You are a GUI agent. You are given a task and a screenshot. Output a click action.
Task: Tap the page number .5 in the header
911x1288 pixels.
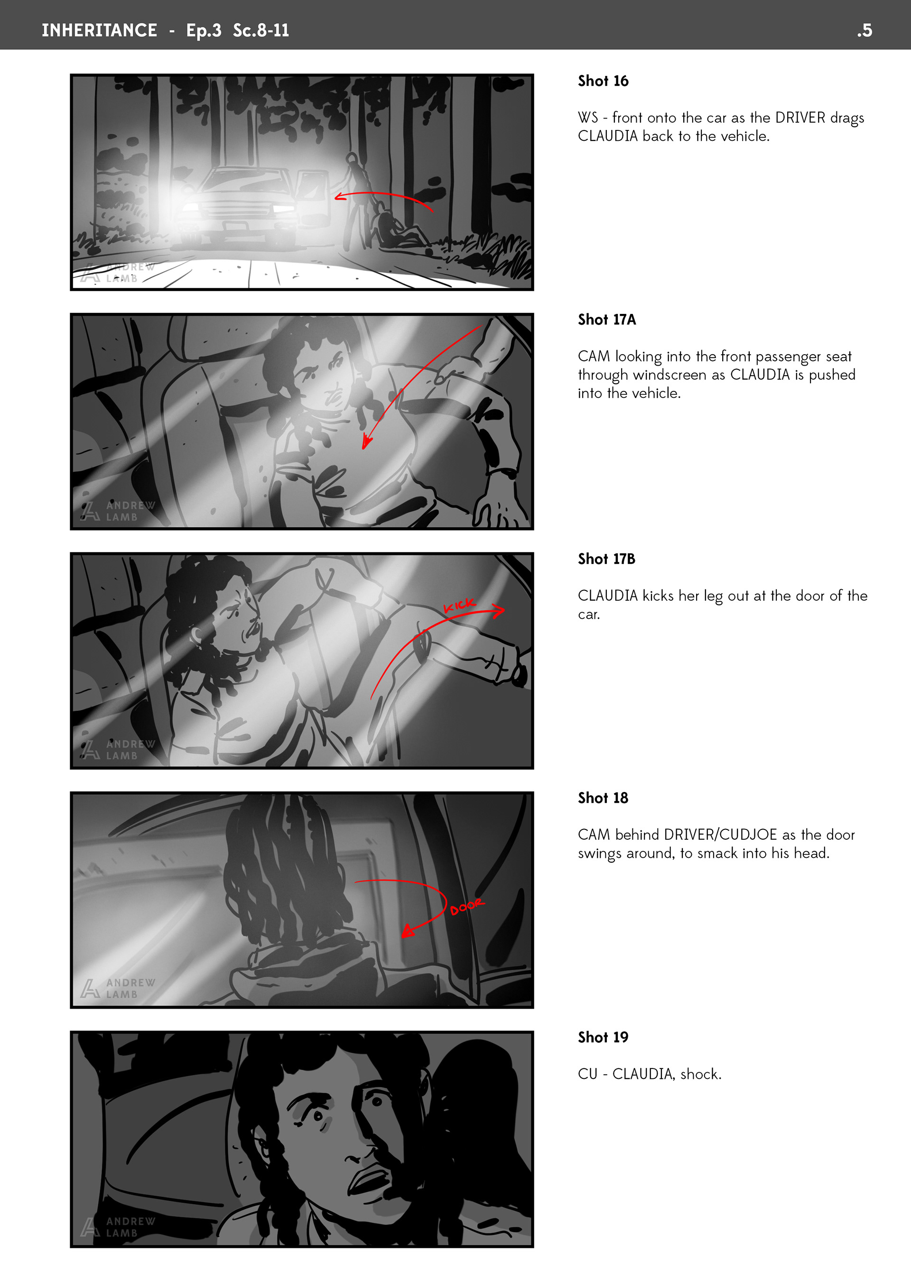pyautogui.click(x=865, y=30)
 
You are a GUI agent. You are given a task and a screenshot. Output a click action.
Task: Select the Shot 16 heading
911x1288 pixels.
pyautogui.click(x=603, y=81)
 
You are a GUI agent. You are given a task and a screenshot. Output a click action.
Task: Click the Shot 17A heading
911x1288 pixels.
pyautogui.click(x=607, y=320)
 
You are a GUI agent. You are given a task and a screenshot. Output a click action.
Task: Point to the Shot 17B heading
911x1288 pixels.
pyautogui.click(x=606, y=559)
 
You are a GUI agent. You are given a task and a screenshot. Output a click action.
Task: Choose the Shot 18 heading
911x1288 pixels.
pyautogui.click(x=603, y=798)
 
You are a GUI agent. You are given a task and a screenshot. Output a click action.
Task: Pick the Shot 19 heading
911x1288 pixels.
pyautogui.click(x=603, y=1037)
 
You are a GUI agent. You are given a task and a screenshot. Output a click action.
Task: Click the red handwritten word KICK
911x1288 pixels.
pyautogui.click(x=460, y=605)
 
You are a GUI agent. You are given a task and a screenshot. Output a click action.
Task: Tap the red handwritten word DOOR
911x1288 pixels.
pyautogui.click(x=467, y=907)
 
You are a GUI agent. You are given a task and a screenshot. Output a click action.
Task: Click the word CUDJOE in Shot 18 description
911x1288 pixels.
pyautogui.click(x=748, y=835)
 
